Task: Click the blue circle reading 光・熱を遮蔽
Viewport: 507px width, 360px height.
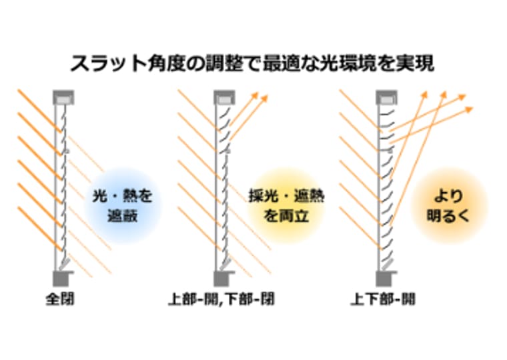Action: [123, 205]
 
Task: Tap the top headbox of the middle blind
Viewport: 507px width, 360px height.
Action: [223, 98]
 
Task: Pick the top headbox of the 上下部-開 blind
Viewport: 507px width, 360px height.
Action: [385, 98]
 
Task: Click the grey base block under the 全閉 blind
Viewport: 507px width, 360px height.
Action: [61, 277]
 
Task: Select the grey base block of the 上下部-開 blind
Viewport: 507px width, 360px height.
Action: [386, 277]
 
